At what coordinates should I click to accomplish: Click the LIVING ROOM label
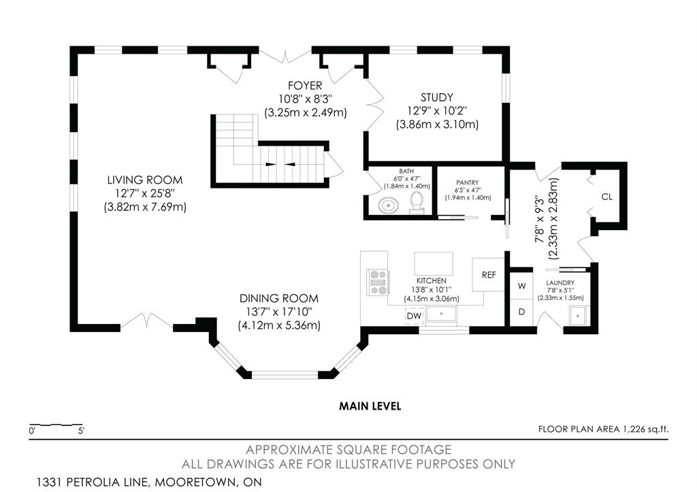pyautogui.click(x=145, y=180)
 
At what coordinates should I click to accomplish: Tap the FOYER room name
pyautogui.click(x=305, y=85)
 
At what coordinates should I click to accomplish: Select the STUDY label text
pyautogui.click(x=437, y=97)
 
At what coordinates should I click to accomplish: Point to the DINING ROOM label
pyautogui.click(x=278, y=298)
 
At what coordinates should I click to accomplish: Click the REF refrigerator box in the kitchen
pyautogui.click(x=489, y=275)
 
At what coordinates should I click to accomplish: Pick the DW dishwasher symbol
pyautogui.click(x=414, y=316)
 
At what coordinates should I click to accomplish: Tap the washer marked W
pyautogui.click(x=522, y=286)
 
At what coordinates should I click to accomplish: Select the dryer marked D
pyautogui.click(x=522, y=312)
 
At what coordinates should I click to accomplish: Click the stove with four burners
pyautogui.click(x=378, y=282)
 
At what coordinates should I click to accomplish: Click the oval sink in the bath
pyautogui.click(x=389, y=206)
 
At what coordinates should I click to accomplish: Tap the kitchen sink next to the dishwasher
pyautogui.click(x=441, y=314)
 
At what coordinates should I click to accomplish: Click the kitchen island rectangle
pyautogui.click(x=434, y=264)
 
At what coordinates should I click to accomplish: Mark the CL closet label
pyautogui.click(x=606, y=197)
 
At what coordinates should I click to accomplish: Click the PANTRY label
pyautogui.click(x=468, y=182)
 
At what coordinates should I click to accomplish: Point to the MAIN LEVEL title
pyautogui.click(x=370, y=406)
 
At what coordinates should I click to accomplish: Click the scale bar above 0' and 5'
pyautogui.click(x=56, y=425)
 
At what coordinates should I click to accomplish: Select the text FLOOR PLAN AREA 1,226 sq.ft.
pyautogui.click(x=603, y=429)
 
